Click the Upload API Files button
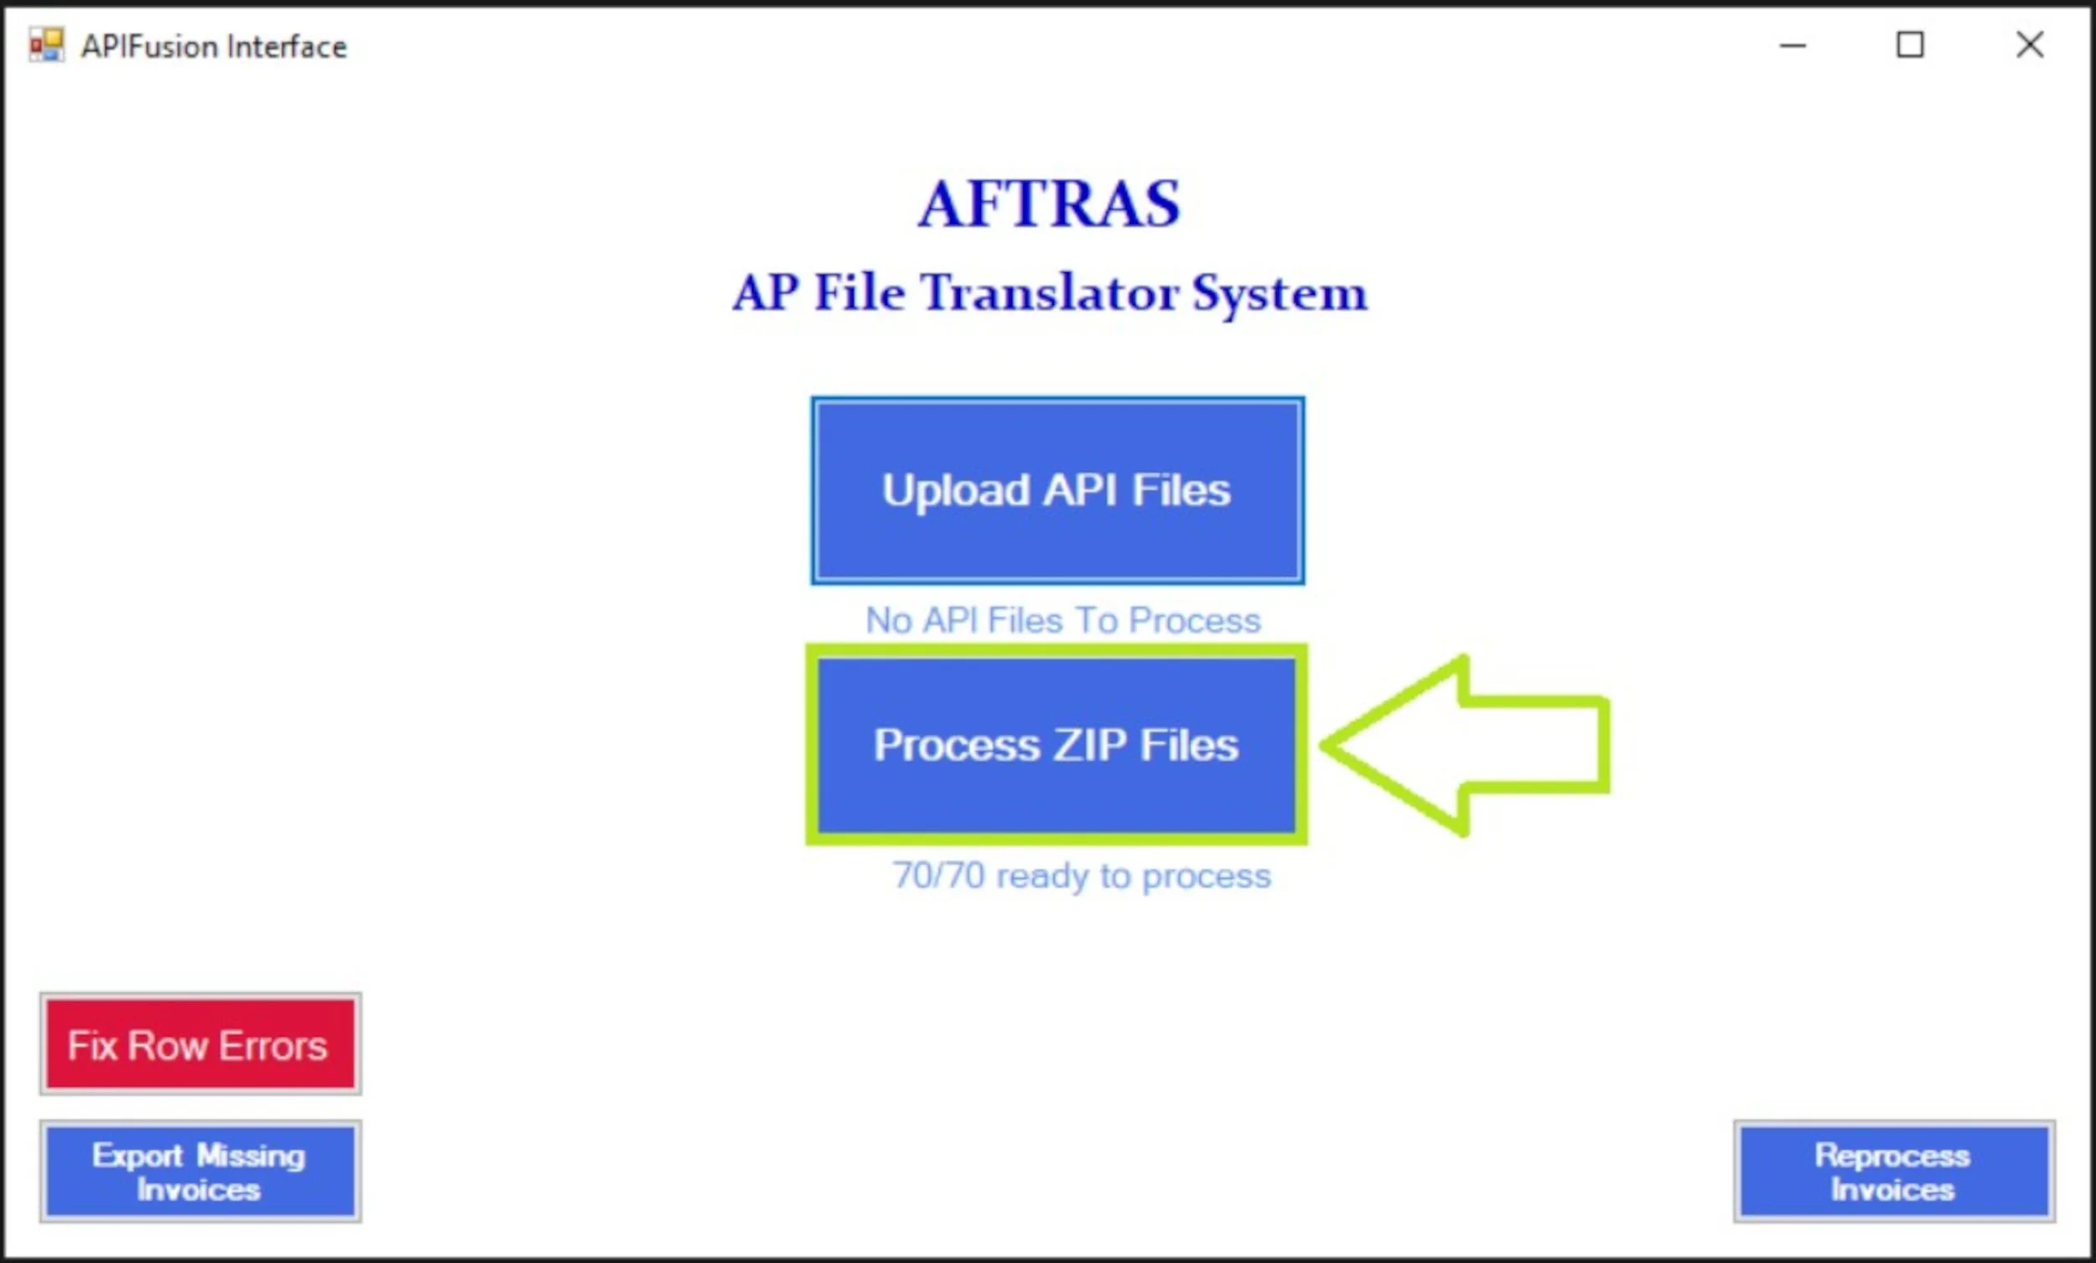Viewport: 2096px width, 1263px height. (1057, 491)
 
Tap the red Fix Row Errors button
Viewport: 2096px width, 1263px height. (200, 1044)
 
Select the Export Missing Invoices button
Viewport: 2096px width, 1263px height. (200, 1171)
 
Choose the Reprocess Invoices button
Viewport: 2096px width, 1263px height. (1894, 1171)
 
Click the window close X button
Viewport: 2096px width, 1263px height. (2030, 45)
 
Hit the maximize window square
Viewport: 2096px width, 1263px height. (1910, 45)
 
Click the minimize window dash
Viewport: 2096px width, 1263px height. (1792, 46)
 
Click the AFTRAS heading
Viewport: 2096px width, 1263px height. (1049, 204)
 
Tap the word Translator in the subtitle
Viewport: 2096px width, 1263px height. (1051, 292)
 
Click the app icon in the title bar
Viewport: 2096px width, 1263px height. (46, 45)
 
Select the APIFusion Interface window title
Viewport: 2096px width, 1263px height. (214, 47)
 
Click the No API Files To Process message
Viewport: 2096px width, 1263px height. (1062, 620)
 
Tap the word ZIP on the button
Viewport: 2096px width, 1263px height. (1090, 745)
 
